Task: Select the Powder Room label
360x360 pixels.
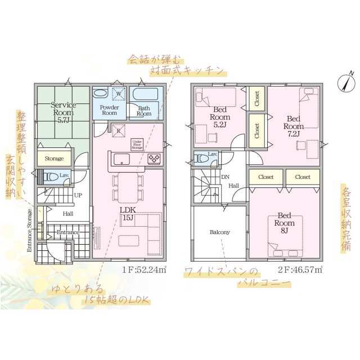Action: click(109, 110)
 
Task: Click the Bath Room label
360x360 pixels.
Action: click(144, 110)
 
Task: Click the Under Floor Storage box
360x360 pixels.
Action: click(137, 143)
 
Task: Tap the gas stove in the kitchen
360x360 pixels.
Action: click(155, 159)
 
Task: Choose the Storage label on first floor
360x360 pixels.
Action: click(54, 159)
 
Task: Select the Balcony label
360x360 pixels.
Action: click(220, 232)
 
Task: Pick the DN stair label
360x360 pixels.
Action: click(225, 177)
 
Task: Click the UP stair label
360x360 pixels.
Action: click(78, 195)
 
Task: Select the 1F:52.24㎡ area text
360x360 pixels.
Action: click(144, 270)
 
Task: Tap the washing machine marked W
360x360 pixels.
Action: click(119, 94)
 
